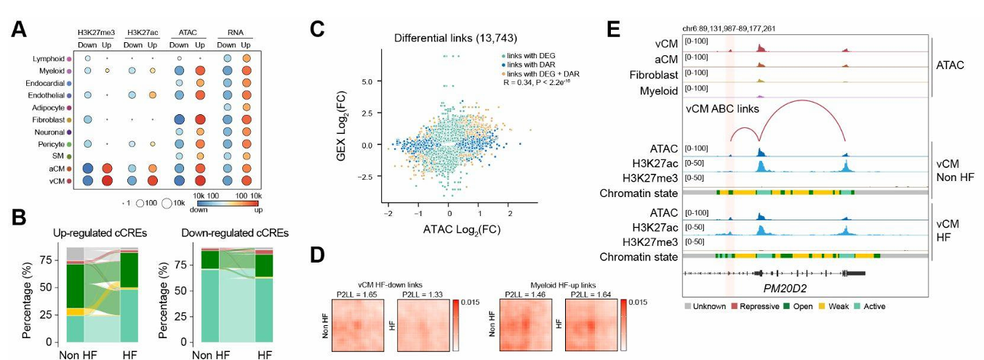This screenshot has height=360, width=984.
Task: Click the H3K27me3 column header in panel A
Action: [x=97, y=32]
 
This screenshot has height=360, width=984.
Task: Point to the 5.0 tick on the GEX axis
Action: [x=369, y=82]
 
